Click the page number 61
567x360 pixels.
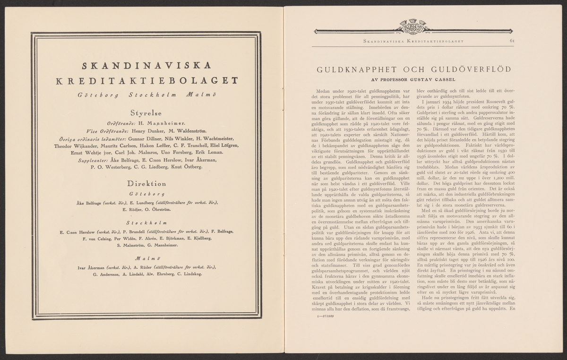pos(512,41)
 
